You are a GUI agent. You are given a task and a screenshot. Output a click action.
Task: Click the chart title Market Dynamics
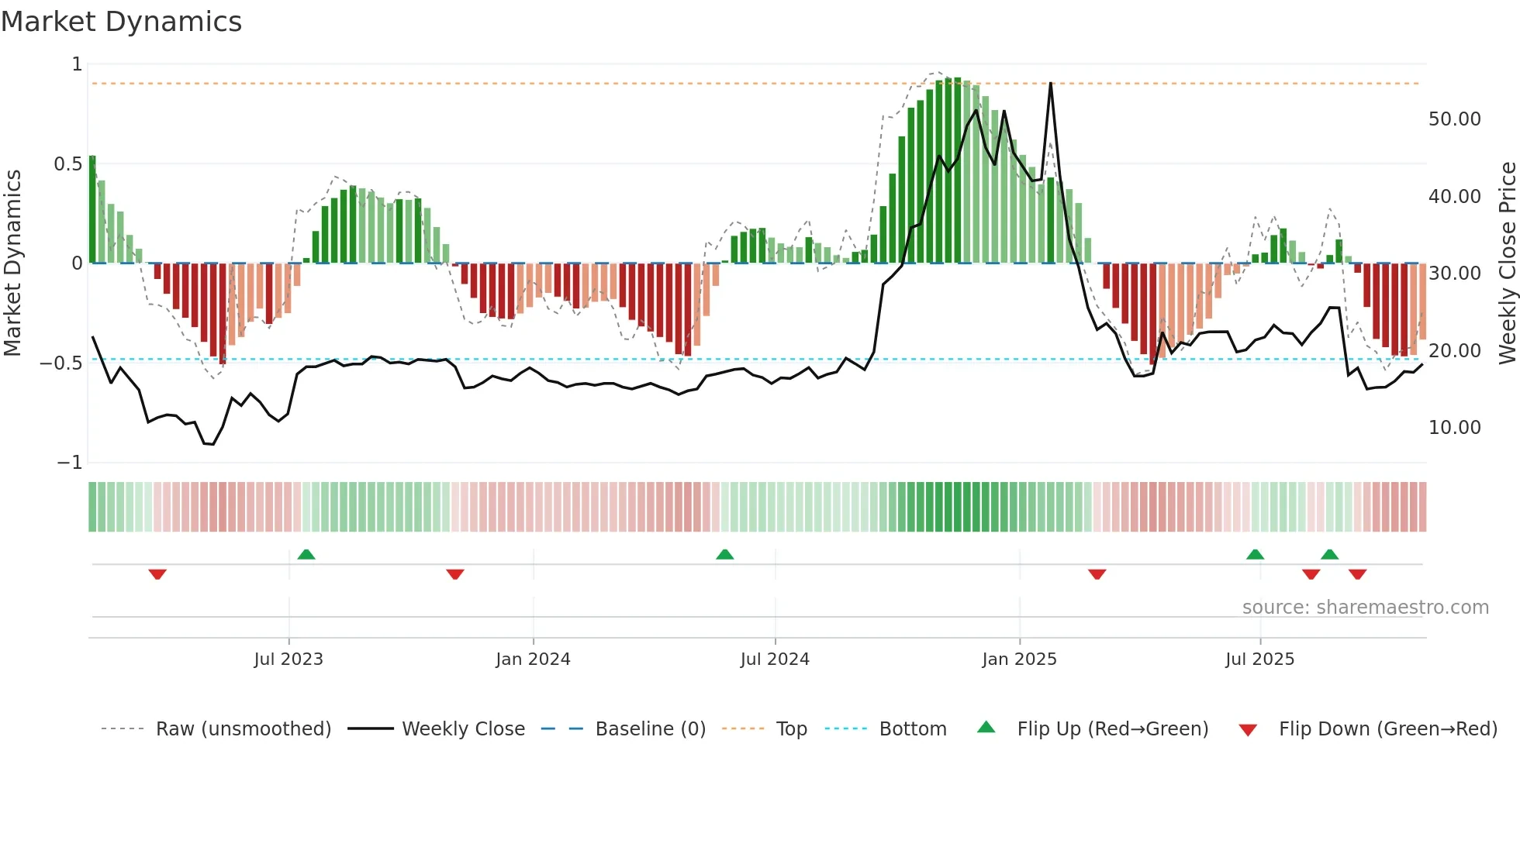tap(121, 22)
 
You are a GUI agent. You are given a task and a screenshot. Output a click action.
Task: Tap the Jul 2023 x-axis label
tap(288, 659)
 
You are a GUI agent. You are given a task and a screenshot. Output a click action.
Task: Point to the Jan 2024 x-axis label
tap(533, 659)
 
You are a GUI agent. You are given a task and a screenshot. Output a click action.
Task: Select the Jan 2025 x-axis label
tap(1019, 659)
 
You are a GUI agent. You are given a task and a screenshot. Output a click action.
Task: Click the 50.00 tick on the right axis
tap(1454, 119)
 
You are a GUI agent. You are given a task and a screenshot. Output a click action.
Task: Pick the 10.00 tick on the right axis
tap(1454, 428)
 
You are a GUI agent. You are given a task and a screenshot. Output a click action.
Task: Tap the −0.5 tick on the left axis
tap(60, 363)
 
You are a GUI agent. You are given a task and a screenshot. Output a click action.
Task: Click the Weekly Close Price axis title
tap(1507, 263)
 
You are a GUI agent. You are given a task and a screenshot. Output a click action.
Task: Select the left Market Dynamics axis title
tap(12, 263)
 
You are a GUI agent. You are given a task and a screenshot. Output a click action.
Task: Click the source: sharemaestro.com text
tap(1365, 608)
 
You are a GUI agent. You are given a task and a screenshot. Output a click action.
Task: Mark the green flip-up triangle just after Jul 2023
tap(306, 554)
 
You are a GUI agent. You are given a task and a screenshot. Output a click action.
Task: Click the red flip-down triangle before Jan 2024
tap(455, 574)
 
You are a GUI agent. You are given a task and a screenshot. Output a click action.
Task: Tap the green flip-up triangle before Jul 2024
tap(725, 554)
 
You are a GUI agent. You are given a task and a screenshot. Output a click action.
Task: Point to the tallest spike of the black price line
tap(1051, 84)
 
